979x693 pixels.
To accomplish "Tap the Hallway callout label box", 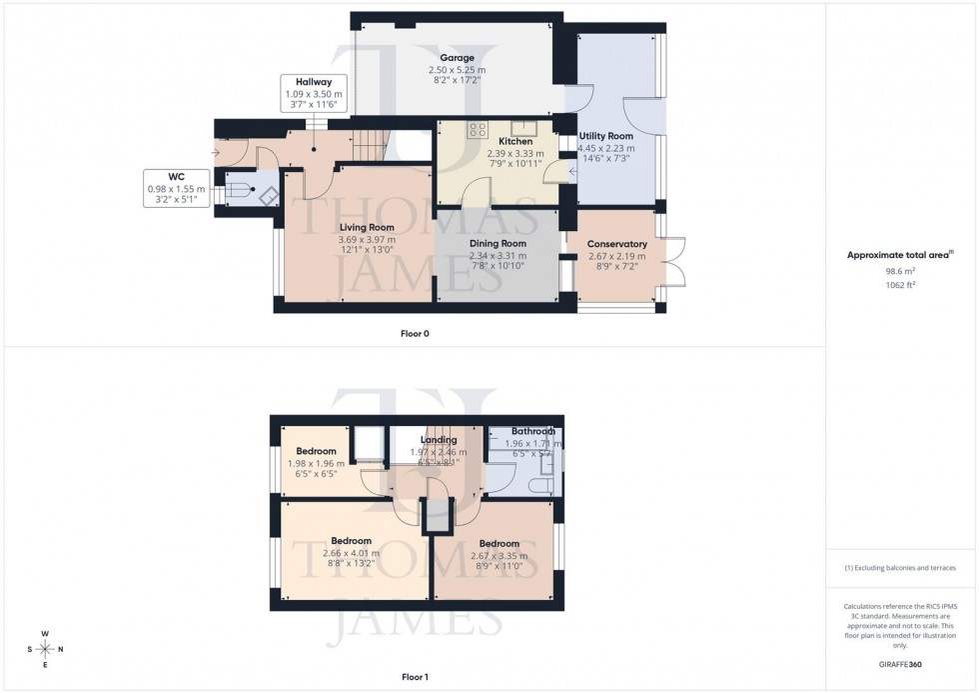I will coord(313,93).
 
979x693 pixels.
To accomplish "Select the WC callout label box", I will coord(176,188).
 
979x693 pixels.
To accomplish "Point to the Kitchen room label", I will coord(514,142).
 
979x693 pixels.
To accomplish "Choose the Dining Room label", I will coord(497,244).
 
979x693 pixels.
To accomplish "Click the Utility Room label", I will coord(606,136).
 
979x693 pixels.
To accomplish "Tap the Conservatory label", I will coord(616,244).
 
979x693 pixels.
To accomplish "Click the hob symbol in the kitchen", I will coord(478,129).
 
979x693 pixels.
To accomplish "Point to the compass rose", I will coord(46,649).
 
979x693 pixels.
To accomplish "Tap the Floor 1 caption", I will coord(414,677).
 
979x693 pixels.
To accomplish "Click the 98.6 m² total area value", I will coord(901,270).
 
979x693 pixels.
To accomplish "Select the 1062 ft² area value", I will coord(901,285).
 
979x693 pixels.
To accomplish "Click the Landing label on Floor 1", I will coord(439,440).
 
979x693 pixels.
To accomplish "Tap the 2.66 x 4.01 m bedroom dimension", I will coord(351,554).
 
